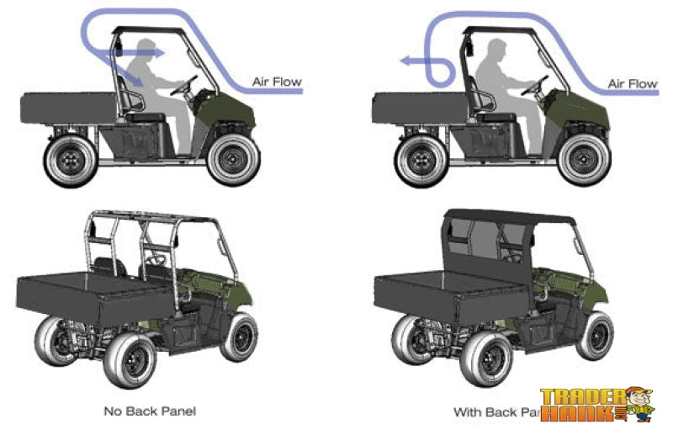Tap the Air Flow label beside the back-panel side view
pos(632,83)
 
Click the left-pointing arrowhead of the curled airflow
pos(405,61)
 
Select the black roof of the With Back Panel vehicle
pos(513,215)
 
